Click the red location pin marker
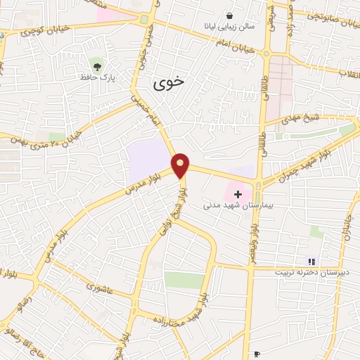coord(181,165)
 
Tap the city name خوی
coord(169,83)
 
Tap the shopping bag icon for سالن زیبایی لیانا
coord(230,15)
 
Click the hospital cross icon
coord(238,193)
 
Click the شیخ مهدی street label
coord(302,118)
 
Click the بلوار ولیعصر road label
coord(252,239)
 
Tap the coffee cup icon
coord(257,354)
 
